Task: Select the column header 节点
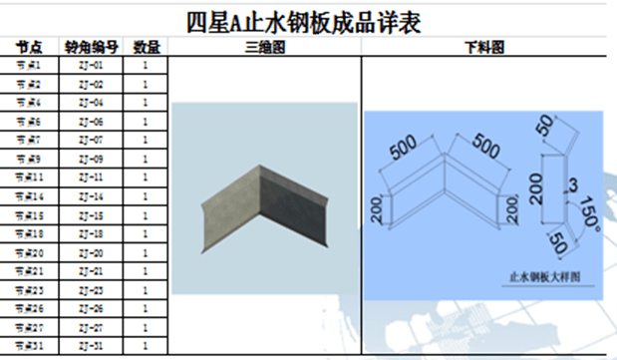pos(30,47)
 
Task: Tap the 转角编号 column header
pos(92,47)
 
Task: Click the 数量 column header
pos(146,47)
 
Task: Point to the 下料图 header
pos(483,47)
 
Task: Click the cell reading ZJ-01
pos(92,65)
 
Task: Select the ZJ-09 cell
pos(92,159)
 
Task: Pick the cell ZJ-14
pos(92,196)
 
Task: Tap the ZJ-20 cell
pos(92,252)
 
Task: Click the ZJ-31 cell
pos(92,346)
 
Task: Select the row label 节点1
pos(30,65)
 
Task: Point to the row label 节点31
pos(30,346)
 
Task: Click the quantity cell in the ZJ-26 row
pos(146,308)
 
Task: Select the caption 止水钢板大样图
pos(544,271)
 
